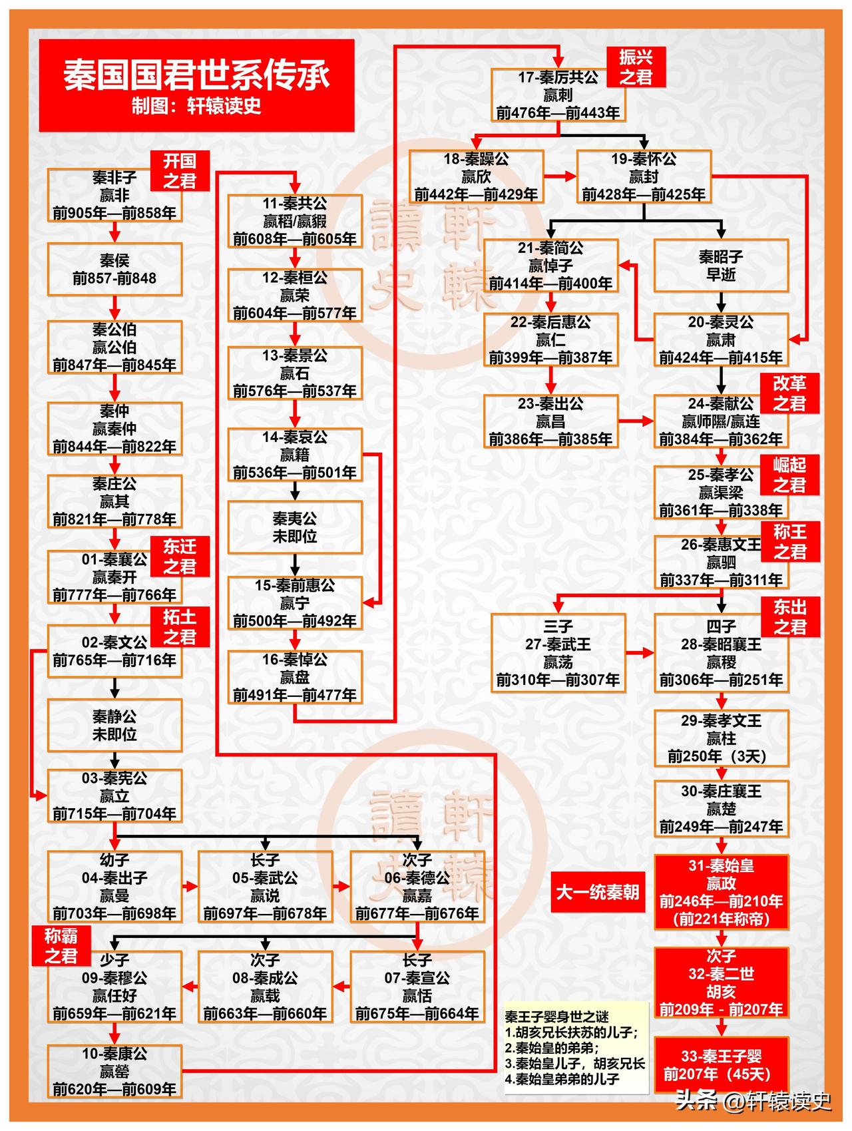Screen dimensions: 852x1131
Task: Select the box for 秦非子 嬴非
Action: pos(114,196)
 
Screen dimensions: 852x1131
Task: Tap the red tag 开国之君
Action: pos(180,170)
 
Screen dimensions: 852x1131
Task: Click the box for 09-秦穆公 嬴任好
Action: pos(114,987)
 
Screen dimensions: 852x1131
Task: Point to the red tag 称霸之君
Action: pos(61,946)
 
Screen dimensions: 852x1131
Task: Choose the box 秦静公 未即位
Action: pos(114,726)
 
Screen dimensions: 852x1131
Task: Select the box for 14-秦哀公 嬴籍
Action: pos(295,455)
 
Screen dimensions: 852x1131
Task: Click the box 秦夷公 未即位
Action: pos(295,527)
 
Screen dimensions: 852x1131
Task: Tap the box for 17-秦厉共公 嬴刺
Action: pos(558,95)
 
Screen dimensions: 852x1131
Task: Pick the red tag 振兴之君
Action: pos(636,67)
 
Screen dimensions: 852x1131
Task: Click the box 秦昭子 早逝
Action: pos(721,266)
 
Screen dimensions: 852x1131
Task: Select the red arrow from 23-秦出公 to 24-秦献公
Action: pos(636,421)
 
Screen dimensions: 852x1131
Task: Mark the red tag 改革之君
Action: pos(790,393)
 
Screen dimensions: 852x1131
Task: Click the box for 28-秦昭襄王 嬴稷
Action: pos(721,653)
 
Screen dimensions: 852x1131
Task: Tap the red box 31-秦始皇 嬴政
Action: pos(721,893)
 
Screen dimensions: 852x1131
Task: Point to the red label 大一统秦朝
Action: pos(597,891)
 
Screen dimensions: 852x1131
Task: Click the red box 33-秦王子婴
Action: pos(721,1064)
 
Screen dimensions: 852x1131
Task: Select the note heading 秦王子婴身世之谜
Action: pos(556,1017)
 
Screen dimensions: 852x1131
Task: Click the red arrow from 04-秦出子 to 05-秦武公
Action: pos(190,886)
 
